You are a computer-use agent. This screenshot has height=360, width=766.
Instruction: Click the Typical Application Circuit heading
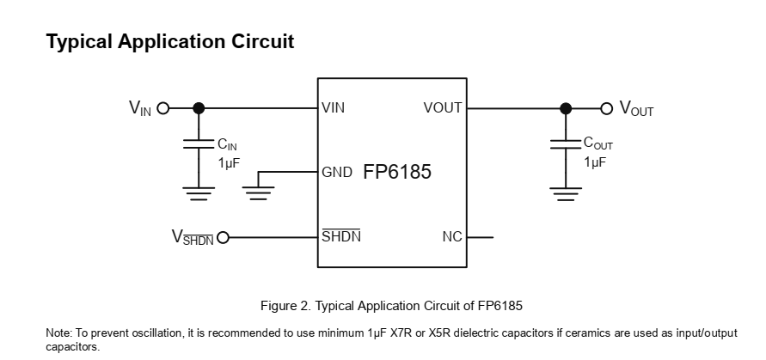(x=170, y=41)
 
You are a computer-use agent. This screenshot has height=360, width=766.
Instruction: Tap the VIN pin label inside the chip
(x=333, y=108)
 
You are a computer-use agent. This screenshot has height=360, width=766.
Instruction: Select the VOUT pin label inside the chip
(x=443, y=108)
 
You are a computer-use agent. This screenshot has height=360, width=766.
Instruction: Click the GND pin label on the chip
(x=337, y=172)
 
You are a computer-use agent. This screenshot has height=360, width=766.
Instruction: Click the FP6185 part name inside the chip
(x=397, y=172)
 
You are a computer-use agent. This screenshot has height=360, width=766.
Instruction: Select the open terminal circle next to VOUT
(x=607, y=108)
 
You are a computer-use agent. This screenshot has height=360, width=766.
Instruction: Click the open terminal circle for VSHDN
(x=224, y=237)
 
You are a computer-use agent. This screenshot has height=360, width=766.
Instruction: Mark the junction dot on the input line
(x=199, y=108)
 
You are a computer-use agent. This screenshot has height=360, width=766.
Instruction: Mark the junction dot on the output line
(x=565, y=108)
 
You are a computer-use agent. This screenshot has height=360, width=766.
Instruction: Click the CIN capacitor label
(x=227, y=145)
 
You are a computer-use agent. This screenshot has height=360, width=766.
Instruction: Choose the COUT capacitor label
(x=598, y=144)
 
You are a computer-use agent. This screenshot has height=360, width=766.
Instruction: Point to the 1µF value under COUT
(x=595, y=162)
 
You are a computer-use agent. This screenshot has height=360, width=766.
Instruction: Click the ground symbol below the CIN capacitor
(x=199, y=192)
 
